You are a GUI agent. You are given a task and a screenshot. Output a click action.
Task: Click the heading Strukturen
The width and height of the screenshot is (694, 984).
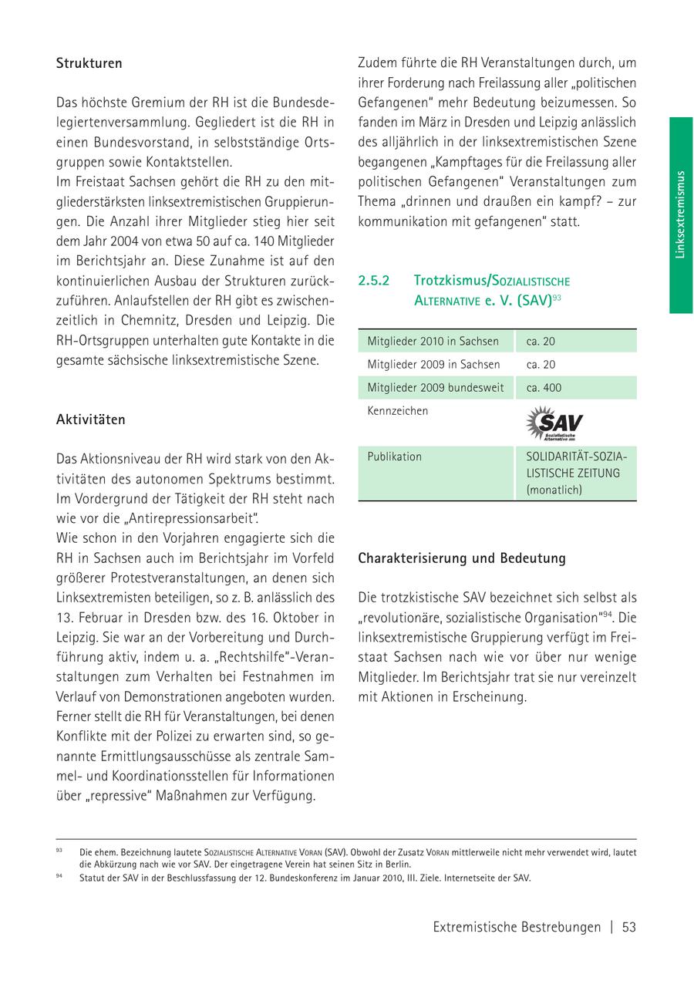pos(89,64)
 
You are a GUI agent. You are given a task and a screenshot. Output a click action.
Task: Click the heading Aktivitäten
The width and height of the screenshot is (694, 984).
pos(90,420)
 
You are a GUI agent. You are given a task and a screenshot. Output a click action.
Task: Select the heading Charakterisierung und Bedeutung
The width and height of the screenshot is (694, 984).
pos(461,558)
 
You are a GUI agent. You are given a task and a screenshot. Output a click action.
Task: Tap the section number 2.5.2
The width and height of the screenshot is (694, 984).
pos(375,281)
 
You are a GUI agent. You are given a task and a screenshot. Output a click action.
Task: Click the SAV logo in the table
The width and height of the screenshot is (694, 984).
pos(554,423)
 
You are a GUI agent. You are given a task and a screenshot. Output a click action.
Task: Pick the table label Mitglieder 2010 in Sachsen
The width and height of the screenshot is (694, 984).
pos(433,341)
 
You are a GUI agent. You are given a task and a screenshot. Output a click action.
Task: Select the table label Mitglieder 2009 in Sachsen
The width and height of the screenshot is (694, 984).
pos(433,365)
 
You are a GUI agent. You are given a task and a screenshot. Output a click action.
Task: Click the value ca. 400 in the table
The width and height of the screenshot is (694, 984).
pos(544,388)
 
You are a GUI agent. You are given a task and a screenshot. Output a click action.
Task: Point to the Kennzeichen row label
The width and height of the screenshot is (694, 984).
pos(397,411)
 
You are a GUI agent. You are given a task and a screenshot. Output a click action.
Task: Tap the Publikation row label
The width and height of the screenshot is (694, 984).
pos(394,457)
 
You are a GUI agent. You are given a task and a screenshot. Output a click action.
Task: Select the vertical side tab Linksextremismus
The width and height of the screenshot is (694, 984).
pos(680,214)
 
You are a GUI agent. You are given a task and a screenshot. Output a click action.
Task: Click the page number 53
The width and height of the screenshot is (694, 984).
pos(628,928)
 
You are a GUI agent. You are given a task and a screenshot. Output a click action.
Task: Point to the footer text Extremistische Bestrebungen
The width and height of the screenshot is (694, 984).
pos(517,928)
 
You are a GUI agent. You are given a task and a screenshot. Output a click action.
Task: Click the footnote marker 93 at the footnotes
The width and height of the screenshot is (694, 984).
pos(59,851)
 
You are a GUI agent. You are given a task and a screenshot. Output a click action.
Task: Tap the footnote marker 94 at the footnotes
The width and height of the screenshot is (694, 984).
pos(59,877)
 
